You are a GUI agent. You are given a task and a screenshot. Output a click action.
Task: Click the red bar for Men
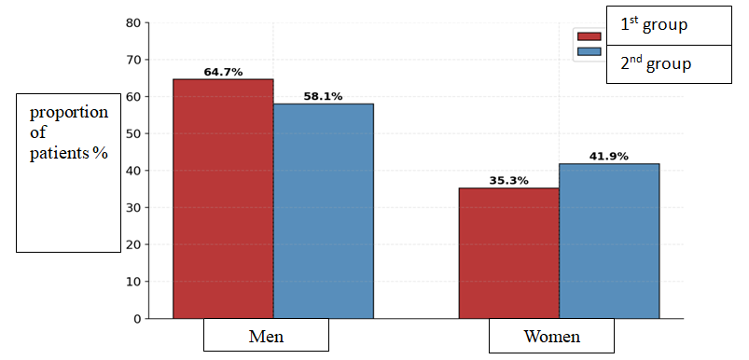pos(223,199)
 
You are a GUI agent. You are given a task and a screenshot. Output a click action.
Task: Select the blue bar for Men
pos(324,211)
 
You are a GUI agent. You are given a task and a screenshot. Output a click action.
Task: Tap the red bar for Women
pos(509,253)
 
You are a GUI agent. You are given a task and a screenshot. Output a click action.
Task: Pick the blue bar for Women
pos(609,242)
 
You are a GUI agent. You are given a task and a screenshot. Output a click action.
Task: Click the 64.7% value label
pos(223,73)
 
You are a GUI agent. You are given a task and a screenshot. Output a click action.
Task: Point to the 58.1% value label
pos(324,96)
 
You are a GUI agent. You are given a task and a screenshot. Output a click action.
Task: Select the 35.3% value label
pos(508,181)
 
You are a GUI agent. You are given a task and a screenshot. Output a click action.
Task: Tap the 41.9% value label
pos(609,157)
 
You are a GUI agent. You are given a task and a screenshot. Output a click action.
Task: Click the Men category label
pos(266,336)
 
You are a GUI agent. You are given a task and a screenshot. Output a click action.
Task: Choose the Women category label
pos(551,336)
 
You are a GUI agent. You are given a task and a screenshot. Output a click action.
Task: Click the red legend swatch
pos(589,36)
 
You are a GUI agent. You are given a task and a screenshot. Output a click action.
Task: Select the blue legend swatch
pos(589,51)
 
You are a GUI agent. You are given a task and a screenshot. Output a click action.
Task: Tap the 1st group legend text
pos(654,25)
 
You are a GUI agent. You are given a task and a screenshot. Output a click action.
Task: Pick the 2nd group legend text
pos(656,64)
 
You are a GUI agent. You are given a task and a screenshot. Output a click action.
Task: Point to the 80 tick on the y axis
pos(135,23)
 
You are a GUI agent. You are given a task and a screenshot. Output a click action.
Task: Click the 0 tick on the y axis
pos(138,319)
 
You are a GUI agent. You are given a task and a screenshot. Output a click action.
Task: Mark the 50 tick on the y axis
pos(135,133)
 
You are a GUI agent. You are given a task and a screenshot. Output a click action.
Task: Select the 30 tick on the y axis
pos(135,208)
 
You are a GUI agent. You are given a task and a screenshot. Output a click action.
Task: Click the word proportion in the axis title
pos(69,114)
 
